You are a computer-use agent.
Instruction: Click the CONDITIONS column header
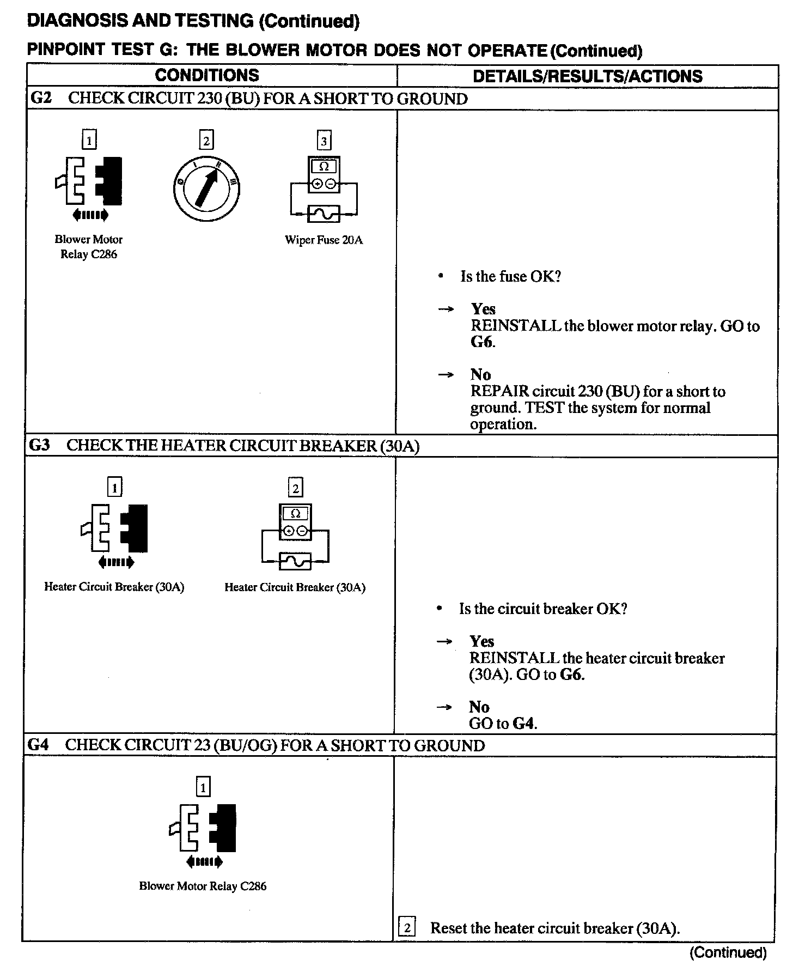tap(207, 75)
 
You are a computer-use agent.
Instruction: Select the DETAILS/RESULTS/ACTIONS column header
tap(587, 76)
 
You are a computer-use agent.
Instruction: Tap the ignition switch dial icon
tap(206, 187)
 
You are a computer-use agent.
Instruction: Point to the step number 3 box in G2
tap(324, 141)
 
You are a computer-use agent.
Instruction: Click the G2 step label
tap(41, 99)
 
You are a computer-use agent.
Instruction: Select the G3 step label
tap(39, 445)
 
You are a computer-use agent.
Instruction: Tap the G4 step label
tap(38, 745)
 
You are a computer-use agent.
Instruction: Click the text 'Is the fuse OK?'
tap(510, 277)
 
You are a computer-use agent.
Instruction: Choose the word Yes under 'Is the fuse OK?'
tap(483, 309)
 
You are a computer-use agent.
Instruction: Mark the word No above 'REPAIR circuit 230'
tap(480, 375)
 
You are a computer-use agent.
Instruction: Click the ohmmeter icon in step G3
tap(295, 536)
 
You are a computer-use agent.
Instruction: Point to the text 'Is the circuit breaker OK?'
tap(543, 609)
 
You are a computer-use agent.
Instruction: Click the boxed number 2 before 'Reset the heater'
tap(407, 927)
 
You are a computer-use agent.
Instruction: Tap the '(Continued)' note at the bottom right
tap(728, 952)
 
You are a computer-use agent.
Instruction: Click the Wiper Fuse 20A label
tap(324, 240)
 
